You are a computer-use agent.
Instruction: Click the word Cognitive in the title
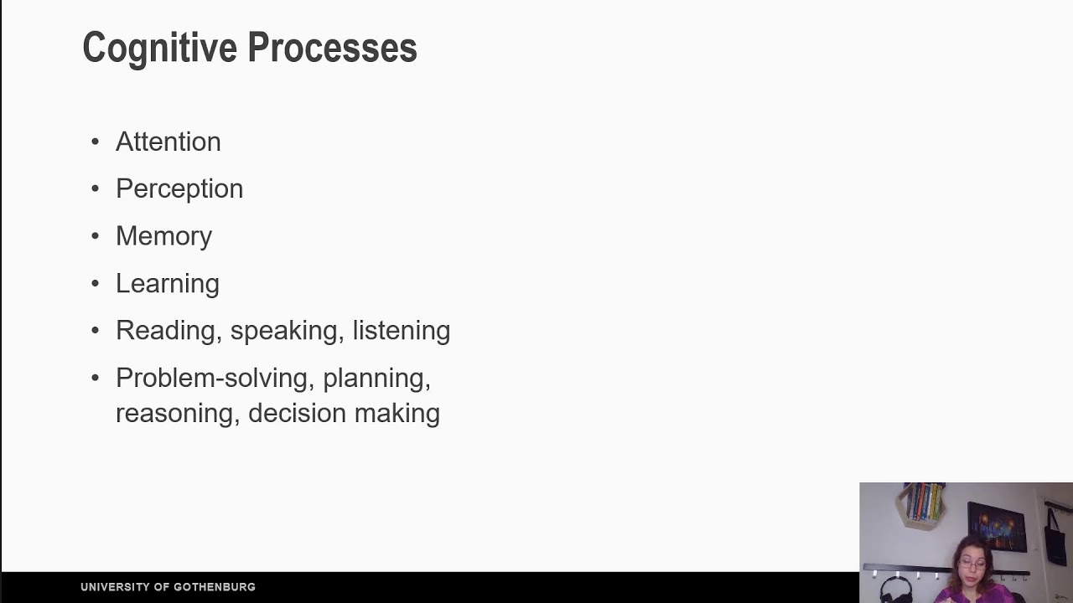point(160,49)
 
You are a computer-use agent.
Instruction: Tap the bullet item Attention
point(168,142)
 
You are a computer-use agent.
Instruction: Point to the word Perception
point(179,189)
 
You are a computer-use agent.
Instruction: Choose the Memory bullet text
point(163,236)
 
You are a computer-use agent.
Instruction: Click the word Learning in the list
point(168,284)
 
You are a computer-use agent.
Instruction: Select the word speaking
point(284,331)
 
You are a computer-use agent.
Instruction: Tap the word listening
point(401,331)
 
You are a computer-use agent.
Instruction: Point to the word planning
point(376,379)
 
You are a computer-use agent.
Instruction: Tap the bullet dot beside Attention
point(95,142)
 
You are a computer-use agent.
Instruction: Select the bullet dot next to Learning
point(95,284)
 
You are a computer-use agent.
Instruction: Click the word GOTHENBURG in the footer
point(215,587)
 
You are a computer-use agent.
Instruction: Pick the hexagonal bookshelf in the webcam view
point(922,502)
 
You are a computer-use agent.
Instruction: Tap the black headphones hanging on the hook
point(895,588)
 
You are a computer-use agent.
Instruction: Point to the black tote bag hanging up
point(1055,536)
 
